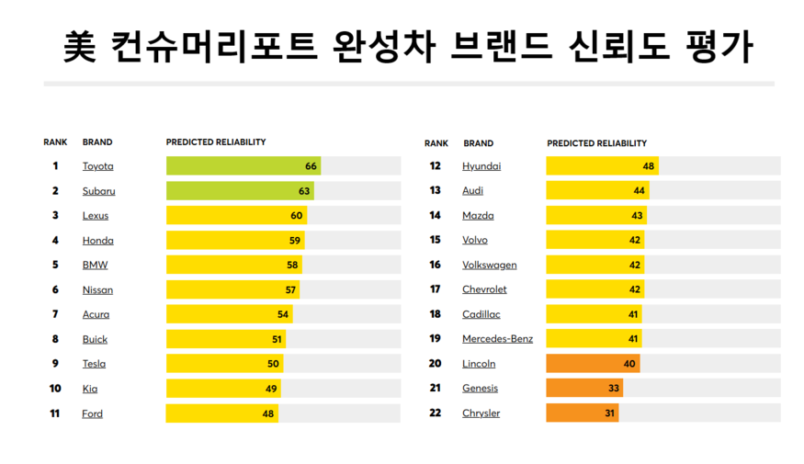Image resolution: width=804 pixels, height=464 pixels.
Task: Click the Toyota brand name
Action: tap(98, 166)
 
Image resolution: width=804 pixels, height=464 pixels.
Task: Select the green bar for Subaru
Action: tap(239, 191)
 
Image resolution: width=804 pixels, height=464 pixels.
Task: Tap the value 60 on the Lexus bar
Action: tap(296, 216)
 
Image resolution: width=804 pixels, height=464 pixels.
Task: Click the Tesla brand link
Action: tap(94, 364)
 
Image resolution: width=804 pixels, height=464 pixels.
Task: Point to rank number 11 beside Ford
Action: tap(55, 413)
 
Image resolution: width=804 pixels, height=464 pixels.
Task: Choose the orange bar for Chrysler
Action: tap(582, 413)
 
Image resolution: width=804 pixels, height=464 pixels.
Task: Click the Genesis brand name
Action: tap(480, 389)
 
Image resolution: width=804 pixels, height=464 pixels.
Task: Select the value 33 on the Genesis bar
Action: tap(614, 389)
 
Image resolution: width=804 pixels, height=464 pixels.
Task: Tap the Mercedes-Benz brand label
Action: tap(497, 339)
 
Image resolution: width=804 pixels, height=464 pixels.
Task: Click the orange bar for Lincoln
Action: tap(592, 364)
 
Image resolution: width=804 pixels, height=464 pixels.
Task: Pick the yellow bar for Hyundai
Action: tap(602, 166)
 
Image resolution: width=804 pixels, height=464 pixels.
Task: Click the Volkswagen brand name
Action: tap(489, 265)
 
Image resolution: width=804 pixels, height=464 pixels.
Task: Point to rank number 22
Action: tap(436, 413)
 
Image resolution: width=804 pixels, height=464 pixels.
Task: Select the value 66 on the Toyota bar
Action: tap(311, 166)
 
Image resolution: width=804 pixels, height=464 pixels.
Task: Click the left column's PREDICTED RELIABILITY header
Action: tap(216, 142)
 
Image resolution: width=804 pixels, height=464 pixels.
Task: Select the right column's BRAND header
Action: tap(479, 143)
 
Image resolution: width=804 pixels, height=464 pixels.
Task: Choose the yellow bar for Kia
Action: tap(222, 389)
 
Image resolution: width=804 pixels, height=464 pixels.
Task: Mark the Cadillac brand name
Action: tap(481, 314)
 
